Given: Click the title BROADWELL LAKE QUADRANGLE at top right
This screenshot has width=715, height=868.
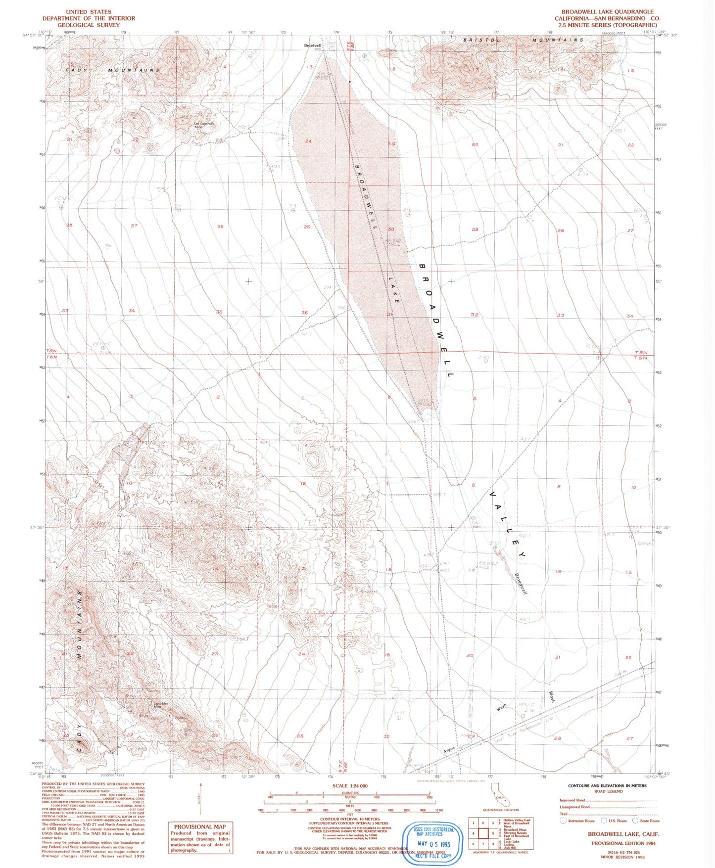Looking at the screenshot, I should (x=607, y=11).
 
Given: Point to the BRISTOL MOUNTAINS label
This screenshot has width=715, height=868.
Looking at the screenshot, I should (x=523, y=40).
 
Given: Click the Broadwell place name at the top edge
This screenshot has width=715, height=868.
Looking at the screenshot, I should (x=312, y=46).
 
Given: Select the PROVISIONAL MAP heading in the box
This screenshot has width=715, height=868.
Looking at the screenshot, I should (x=200, y=826).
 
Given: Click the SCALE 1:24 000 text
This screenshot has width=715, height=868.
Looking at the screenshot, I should (x=350, y=786).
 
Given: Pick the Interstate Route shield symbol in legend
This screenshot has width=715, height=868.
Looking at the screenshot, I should (x=563, y=821).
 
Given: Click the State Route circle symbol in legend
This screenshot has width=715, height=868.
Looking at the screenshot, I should (x=635, y=821).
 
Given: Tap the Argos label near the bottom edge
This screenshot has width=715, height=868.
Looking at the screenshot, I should (x=449, y=751).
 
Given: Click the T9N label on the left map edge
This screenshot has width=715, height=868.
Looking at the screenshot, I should (x=51, y=351).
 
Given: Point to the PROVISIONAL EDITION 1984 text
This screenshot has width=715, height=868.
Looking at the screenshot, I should (x=623, y=843).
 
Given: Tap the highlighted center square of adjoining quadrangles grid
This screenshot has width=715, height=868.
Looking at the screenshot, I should (x=483, y=833).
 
